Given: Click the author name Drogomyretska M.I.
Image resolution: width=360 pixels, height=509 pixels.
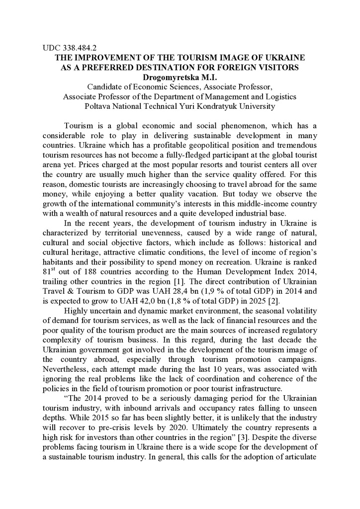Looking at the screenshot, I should click(x=180, y=77).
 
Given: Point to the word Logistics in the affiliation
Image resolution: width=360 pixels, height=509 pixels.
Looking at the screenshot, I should click(x=279, y=96).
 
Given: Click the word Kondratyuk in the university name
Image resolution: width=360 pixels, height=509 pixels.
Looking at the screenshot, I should click(x=214, y=106).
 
